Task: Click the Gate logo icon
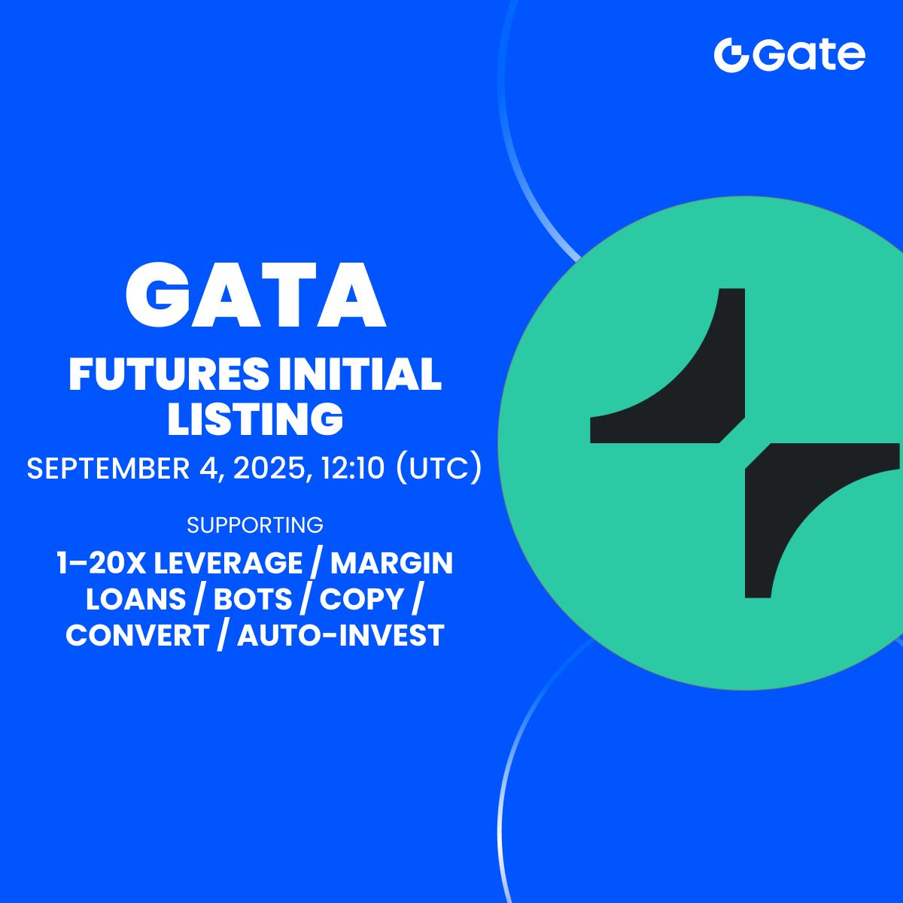(731, 55)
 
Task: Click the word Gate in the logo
(809, 55)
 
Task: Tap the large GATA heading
(255, 294)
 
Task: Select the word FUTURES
(169, 374)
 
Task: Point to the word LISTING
(255, 418)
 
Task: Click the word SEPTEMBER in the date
(108, 468)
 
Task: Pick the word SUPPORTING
(255, 524)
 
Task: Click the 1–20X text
(102, 562)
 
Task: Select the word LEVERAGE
(228, 562)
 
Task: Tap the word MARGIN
(392, 562)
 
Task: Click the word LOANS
(136, 599)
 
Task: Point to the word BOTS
(253, 599)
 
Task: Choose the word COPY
(362, 599)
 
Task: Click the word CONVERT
(137, 635)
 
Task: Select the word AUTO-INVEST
(341, 635)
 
